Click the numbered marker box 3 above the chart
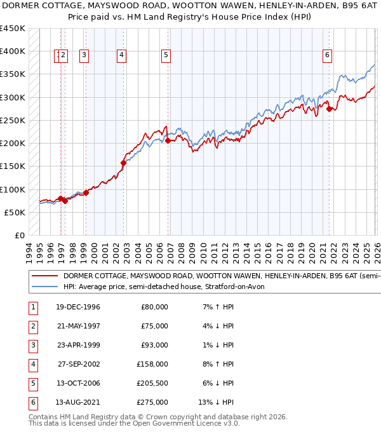pos(84,55)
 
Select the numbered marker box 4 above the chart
pos(121,55)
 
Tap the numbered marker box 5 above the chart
pos(166,55)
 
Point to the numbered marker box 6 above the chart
pos(327,55)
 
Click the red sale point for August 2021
pos(329,109)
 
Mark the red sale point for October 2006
pos(168,141)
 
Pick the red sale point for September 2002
pos(124,163)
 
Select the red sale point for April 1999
pos(86,192)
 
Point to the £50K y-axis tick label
pos(15,212)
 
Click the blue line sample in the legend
pos(44,287)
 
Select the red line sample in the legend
pos(44,276)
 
